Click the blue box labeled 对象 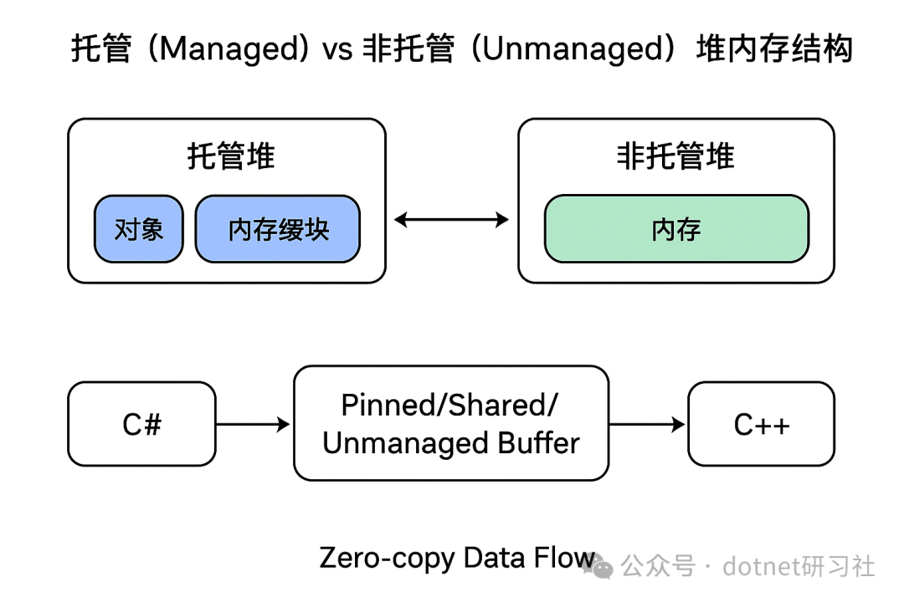(x=139, y=229)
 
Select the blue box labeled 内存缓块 (x=278, y=229)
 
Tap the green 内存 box (x=677, y=229)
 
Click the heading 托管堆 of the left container (x=231, y=156)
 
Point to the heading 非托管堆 (x=675, y=156)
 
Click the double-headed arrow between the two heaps (x=451, y=220)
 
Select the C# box (x=141, y=424)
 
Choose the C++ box (x=761, y=424)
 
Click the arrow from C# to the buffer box (x=253, y=425)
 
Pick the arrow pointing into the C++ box (x=647, y=425)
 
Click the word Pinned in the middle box (x=389, y=405)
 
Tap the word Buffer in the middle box (x=538, y=444)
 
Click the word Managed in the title (x=234, y=49)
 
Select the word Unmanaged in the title (x=574, y=49)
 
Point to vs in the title (x=337, y=50)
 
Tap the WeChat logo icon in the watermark (x=598, y=566)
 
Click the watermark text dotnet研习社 (x=799, y=566)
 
